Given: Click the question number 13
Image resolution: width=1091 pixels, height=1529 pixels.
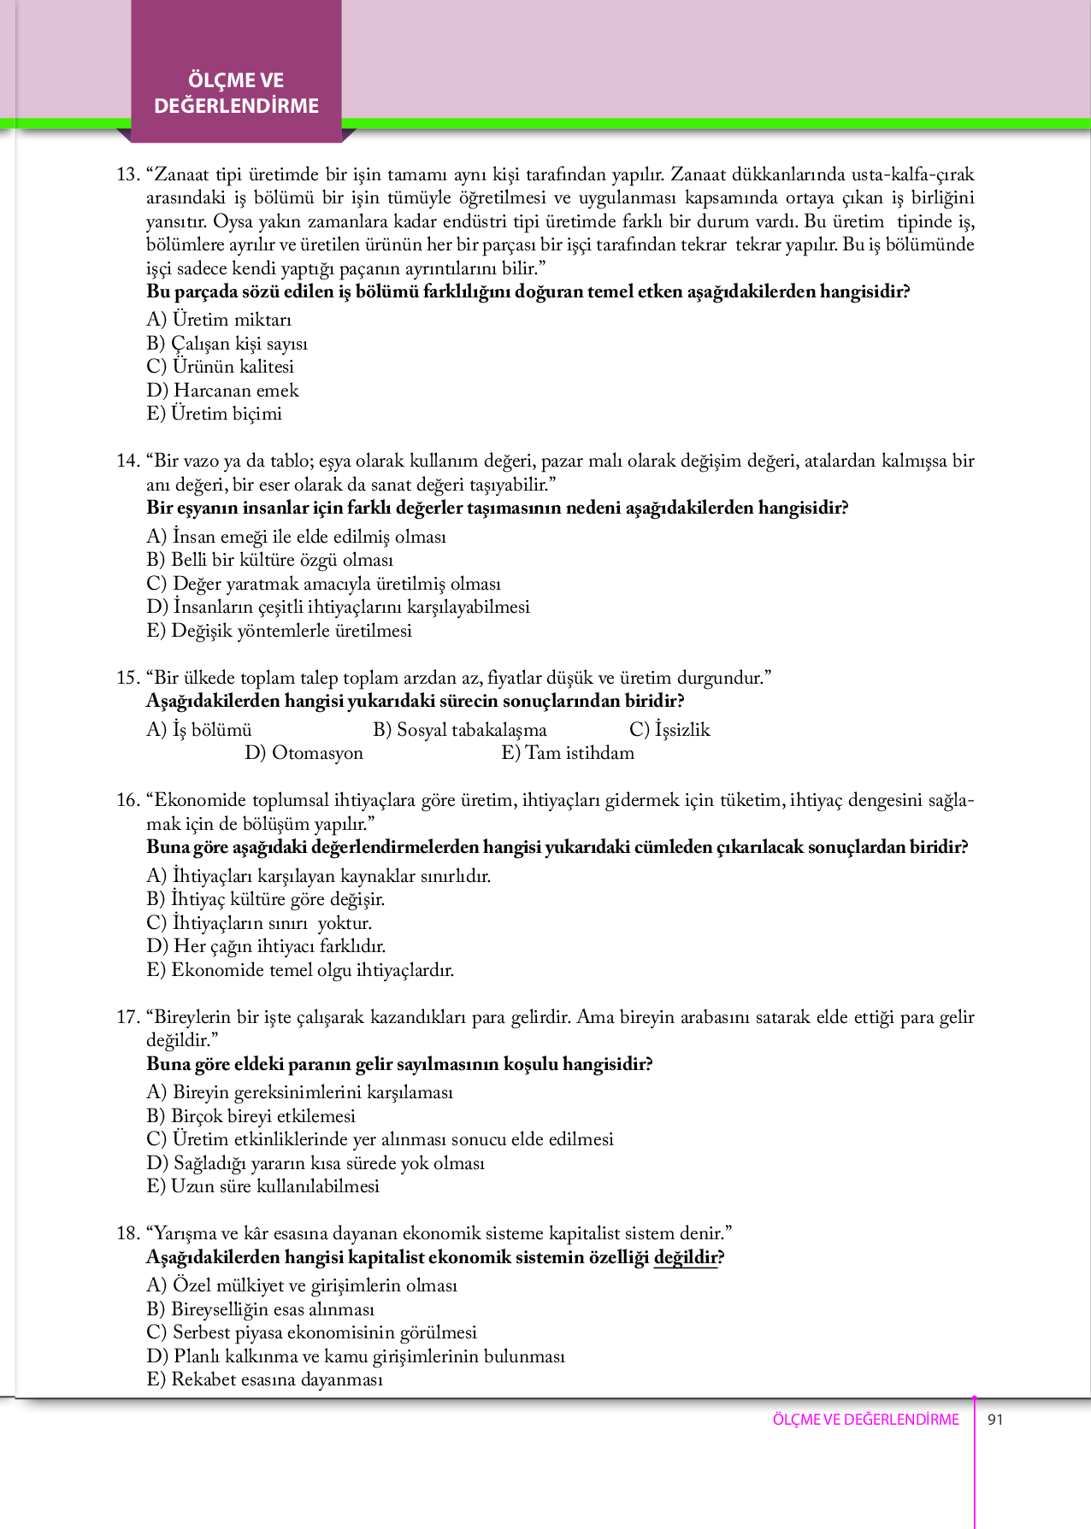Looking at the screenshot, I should (x=127, y=174).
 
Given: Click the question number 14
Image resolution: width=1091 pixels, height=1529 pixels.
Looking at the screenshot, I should (x=127, y=461).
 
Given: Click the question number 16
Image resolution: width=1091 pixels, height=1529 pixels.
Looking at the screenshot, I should (x=127, y=800).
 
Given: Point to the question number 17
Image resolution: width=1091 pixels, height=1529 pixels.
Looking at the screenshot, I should (x=127, y=1017).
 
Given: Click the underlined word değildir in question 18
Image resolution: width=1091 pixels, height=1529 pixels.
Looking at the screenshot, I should (x=686, y=1257).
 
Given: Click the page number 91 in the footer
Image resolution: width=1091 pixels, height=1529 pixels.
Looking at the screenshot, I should (x=995, y=1420).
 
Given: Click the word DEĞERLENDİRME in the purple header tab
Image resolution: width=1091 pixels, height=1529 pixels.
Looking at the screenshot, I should (x=236, y=106).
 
